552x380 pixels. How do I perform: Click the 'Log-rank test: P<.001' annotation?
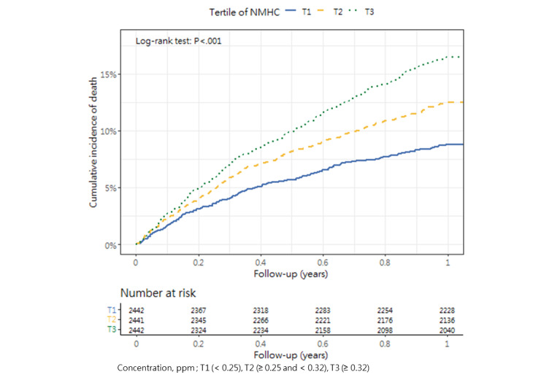(x=178, y=42)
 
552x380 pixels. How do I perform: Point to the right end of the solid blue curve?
(x=463, y=144)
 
